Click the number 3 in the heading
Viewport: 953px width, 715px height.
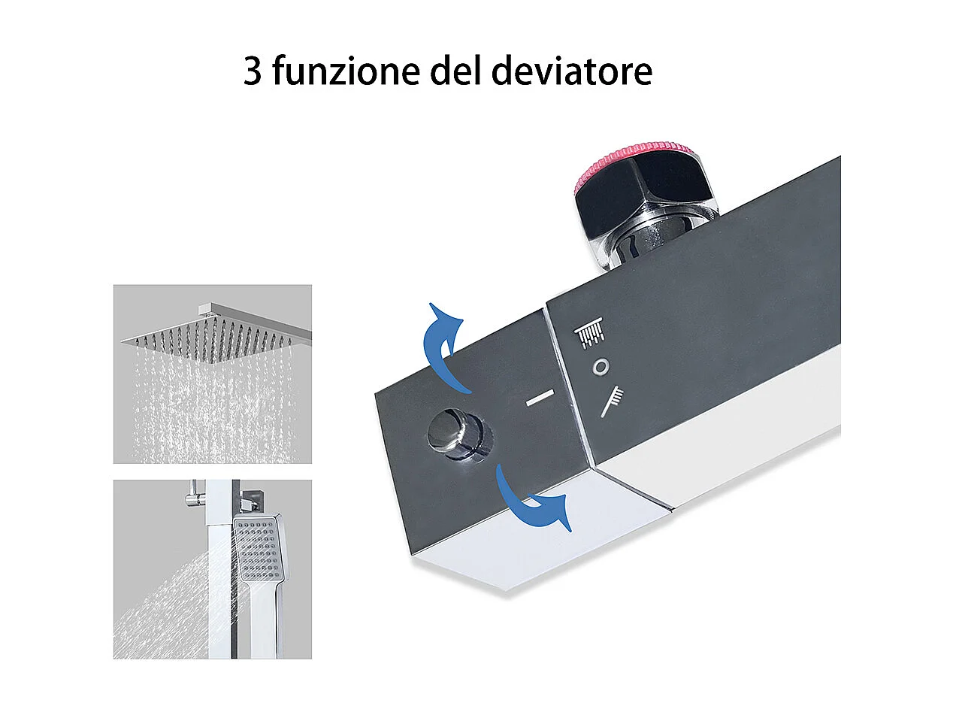click(253, 71)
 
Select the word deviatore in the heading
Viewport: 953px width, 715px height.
click(571, 71)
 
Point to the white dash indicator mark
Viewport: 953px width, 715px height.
click(540, 398)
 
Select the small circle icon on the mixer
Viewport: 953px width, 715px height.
click(601, 367)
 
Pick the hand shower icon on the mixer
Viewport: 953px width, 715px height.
click(612, 400)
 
